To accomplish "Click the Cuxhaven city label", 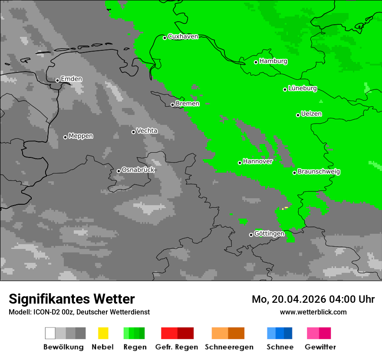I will coord(183,36).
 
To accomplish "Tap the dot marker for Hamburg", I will coord(256,62).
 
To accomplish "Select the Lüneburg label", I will coord(303,88).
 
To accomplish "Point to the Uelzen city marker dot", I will coord(298,115).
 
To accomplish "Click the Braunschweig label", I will coord(319,172).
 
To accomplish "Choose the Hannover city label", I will coord(257,161).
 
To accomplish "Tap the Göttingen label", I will coord(269,233).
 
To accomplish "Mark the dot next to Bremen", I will coord(172,105).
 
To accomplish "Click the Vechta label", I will coord(147,131).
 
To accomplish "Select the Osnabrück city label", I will coord(138,170).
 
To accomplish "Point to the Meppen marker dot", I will coord(65,137).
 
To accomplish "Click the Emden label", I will coord(71,79).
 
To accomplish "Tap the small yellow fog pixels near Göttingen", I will coord(285,208).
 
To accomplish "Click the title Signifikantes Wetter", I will coord(72,299).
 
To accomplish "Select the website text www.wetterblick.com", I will coord(313,312).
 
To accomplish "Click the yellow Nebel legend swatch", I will coord(103,333).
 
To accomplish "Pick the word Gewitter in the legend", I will coord(320,347).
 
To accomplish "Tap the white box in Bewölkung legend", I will coord(50,333).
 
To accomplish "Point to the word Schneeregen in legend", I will coord(229,347).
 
